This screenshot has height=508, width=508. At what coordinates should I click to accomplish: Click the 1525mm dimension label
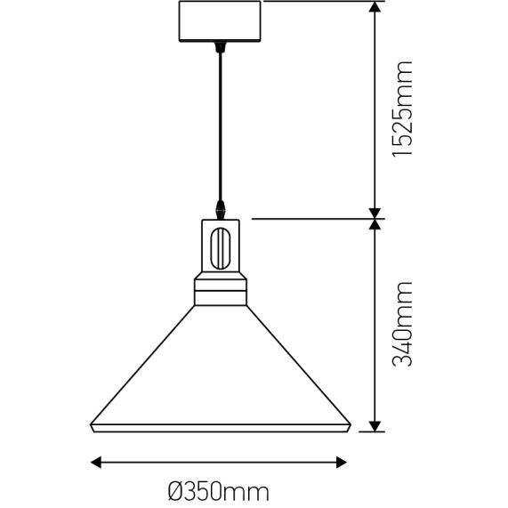[403, 108]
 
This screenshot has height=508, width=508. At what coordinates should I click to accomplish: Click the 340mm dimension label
[403, 326]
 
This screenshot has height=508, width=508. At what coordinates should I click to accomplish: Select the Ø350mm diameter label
[219, 489]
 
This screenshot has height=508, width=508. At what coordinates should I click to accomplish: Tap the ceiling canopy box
[220, 22]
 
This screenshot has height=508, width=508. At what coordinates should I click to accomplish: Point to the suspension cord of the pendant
[220, 125]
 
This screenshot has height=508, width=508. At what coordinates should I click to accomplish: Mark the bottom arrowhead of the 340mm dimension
[375, 425]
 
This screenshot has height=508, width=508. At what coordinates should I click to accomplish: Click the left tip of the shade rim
[93, 425]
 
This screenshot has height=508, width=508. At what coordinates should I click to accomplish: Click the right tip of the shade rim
[347, 425]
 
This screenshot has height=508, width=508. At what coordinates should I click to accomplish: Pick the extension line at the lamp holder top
[311, 216]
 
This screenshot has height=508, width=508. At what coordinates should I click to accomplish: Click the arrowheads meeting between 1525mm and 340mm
[375, 216]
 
